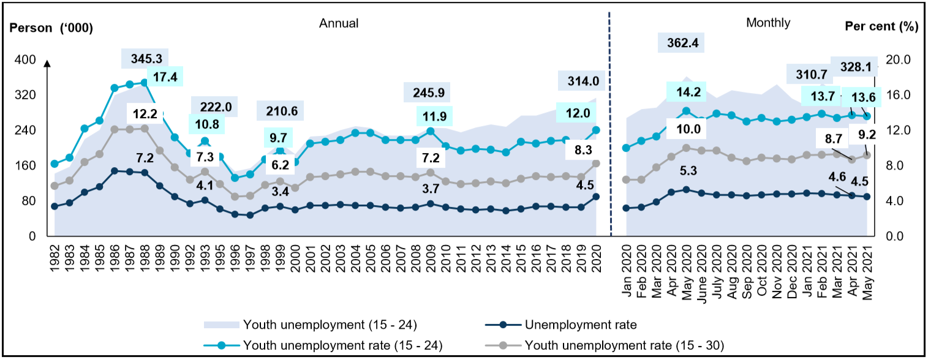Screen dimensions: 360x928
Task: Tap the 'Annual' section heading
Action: point(338,23)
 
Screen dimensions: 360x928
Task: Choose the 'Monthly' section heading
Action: point(768,23)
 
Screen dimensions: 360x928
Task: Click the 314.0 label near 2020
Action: point(578,81)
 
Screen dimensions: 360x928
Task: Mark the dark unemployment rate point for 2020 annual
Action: point(596,197)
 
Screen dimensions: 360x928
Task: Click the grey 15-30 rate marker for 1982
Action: point(55,186)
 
